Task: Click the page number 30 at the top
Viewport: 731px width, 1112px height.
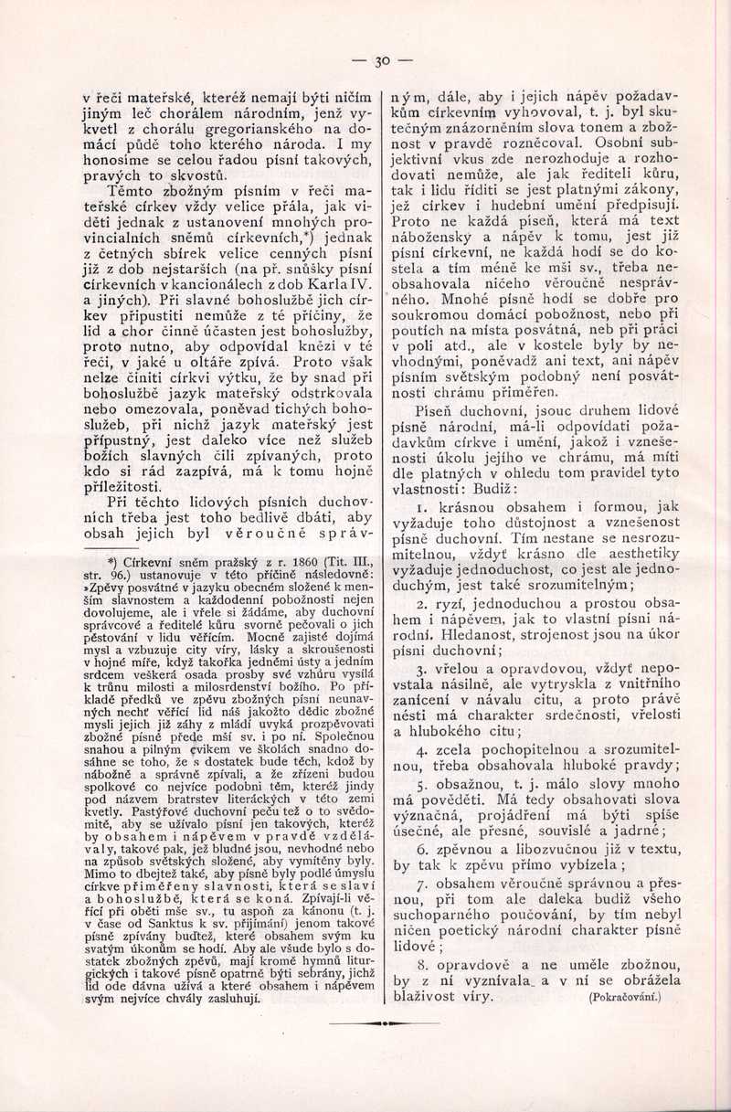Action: (381, 61)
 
